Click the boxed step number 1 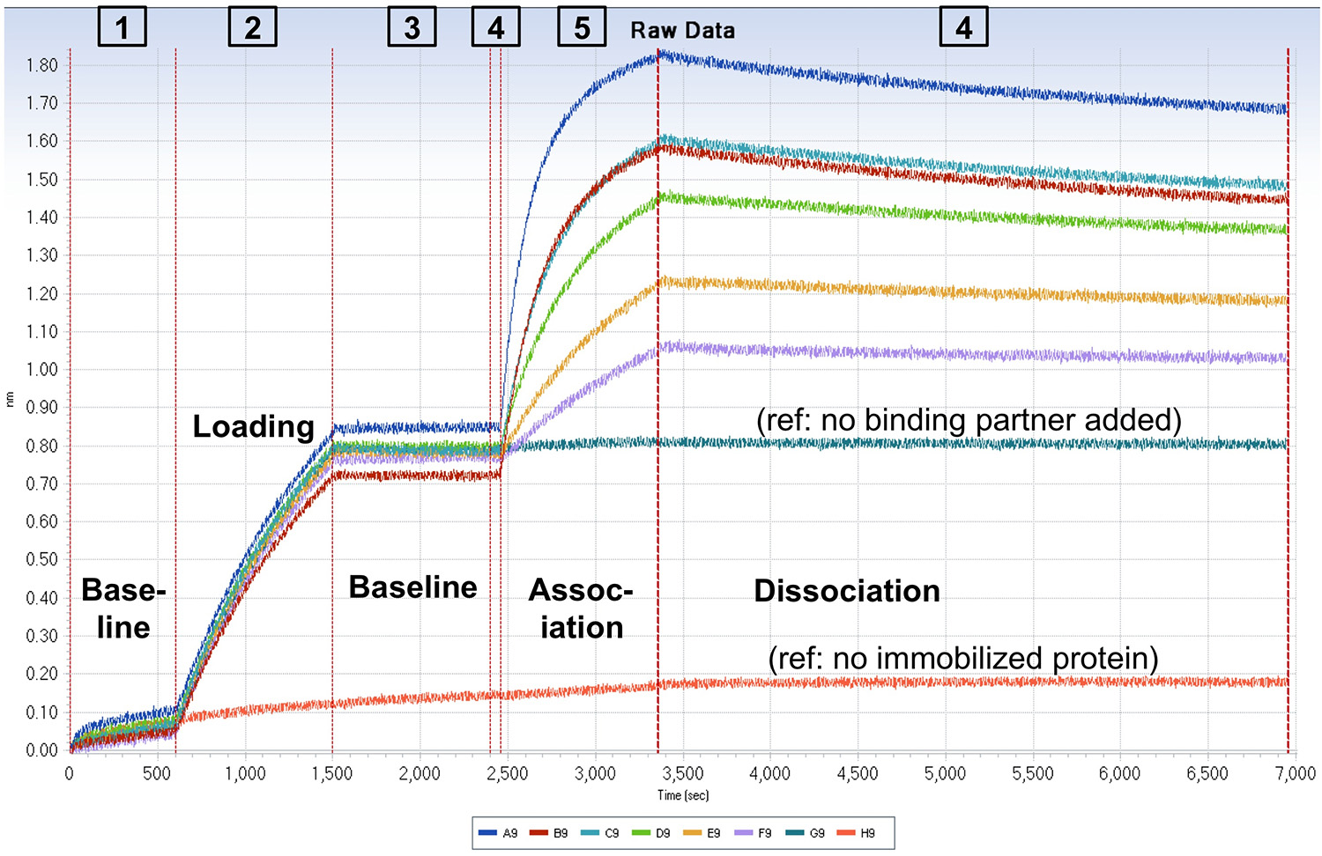coord(122,27)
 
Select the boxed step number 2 coord(252,27)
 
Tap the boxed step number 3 coord(412,27)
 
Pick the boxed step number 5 coord(582,27)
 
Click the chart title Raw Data coord(682,30)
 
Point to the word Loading coord(254,426)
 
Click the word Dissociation coord(846,591)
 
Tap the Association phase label coord(581,609)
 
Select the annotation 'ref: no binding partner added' coord(969,420)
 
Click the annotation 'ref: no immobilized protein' coord(963,658)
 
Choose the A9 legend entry coord(499,833)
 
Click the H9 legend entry coord(857,833)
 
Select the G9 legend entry coord(806,833)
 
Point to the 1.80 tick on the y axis coord(41,65)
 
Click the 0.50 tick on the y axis coord(41,559)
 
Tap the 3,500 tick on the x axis coord(682,774)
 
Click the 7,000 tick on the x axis coord(1295,774)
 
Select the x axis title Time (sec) coord(682,795)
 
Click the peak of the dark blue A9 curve coord(659,55)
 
